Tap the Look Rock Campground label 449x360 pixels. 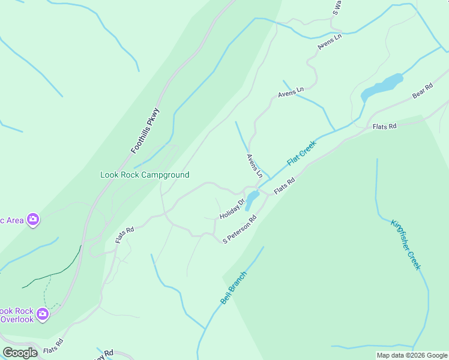145,175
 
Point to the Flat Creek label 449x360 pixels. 301,154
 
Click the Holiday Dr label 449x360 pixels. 232,209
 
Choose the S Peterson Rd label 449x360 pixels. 240,230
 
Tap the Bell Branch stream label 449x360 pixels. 234,288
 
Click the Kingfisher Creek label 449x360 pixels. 406,245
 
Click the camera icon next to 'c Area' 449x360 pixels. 34,220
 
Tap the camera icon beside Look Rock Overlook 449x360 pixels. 42,314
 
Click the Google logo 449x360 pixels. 20,353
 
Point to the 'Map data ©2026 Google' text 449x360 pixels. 412,355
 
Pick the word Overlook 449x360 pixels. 17,320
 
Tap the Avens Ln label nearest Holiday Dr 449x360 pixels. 255,166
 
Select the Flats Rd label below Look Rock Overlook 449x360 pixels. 53,347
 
